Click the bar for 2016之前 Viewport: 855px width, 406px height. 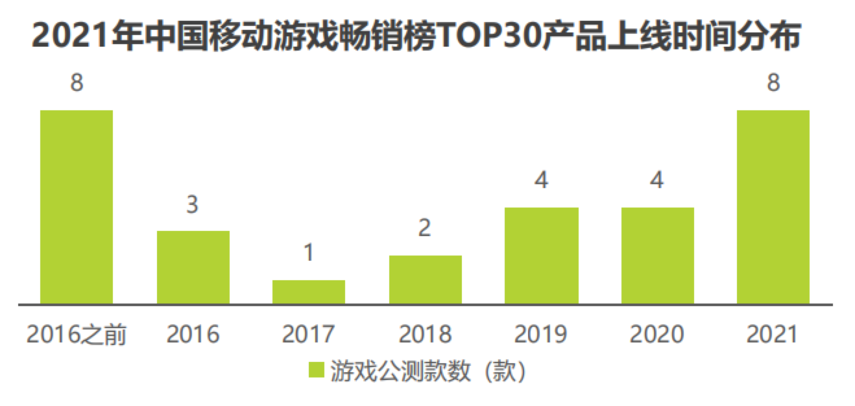(x=77, y=207)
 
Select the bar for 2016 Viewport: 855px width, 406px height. (x=193, y=267)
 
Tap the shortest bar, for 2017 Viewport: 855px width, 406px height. (x=309, y=292)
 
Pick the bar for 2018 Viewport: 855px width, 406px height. (x=425, y=280)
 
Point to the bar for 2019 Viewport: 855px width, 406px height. (x=541, y=256)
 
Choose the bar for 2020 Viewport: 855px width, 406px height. (x=657, y=256)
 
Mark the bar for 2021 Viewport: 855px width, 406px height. (x=773, y=207)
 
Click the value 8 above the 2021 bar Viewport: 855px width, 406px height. (x=773, y=84)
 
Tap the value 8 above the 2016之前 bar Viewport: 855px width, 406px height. (x=77, y=84)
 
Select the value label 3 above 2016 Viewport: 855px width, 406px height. (x=193, y=205)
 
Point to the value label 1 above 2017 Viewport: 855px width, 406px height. (x=309, y=254)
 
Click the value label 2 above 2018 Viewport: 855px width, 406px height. (x=425, y=229)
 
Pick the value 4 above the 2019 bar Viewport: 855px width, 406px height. (x=541, y=180)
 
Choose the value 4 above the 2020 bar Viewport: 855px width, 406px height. (x=657, y=180)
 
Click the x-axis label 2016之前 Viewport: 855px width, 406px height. (x=77, y=335)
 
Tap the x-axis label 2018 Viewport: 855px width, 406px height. (x=425, y=335)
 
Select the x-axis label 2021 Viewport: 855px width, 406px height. (x=773, y=335)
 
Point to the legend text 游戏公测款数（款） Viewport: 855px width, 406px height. (x=427, y=372)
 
